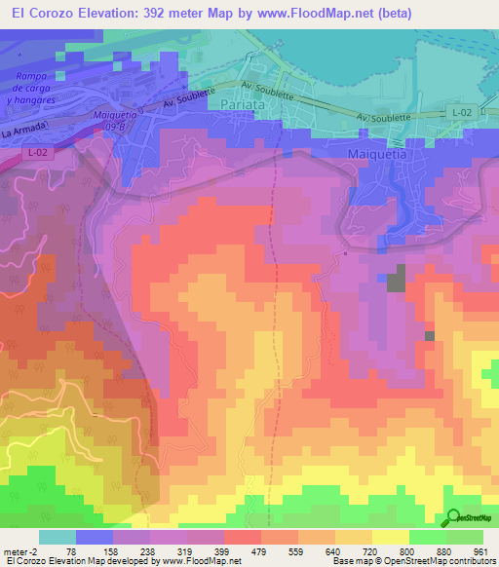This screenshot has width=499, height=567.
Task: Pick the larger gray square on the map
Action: tap(396, 282)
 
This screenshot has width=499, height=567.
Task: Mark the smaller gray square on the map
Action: tap(429, 335)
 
